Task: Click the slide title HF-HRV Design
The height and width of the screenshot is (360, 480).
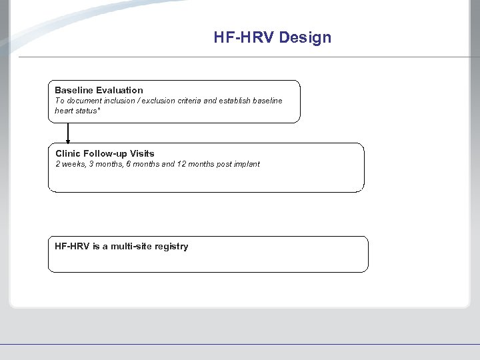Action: coord(272,37)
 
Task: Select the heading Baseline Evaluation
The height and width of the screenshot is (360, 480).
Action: coord(99,90)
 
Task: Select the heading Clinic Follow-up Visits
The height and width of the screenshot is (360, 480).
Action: coord(105,153)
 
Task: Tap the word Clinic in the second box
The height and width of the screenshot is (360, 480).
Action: coord(68,153)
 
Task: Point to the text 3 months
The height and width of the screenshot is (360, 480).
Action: coord(105,164)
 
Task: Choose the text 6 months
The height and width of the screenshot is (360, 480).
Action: coord(143,164)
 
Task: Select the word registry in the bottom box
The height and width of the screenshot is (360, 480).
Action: coord(171,247)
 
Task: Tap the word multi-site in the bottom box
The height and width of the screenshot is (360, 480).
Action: coord(131,247)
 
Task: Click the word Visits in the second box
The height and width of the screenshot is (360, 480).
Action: coord(142,153)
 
